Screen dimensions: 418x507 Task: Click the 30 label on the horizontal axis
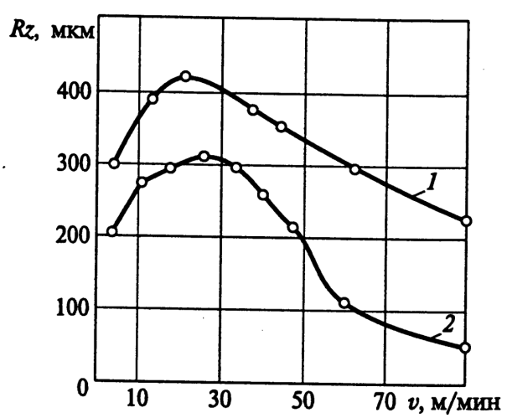pos(220,395)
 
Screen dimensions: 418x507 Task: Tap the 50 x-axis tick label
pos(303,395)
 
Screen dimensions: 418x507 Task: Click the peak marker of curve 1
pos(186,76)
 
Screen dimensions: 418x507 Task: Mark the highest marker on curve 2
pos(204,157)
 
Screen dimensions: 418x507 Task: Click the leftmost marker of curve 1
pos(114,163)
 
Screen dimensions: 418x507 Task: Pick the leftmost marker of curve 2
pos(111,231)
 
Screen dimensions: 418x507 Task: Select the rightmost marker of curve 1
pos(467,221)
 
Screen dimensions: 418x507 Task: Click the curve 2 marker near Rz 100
pos(344,303)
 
